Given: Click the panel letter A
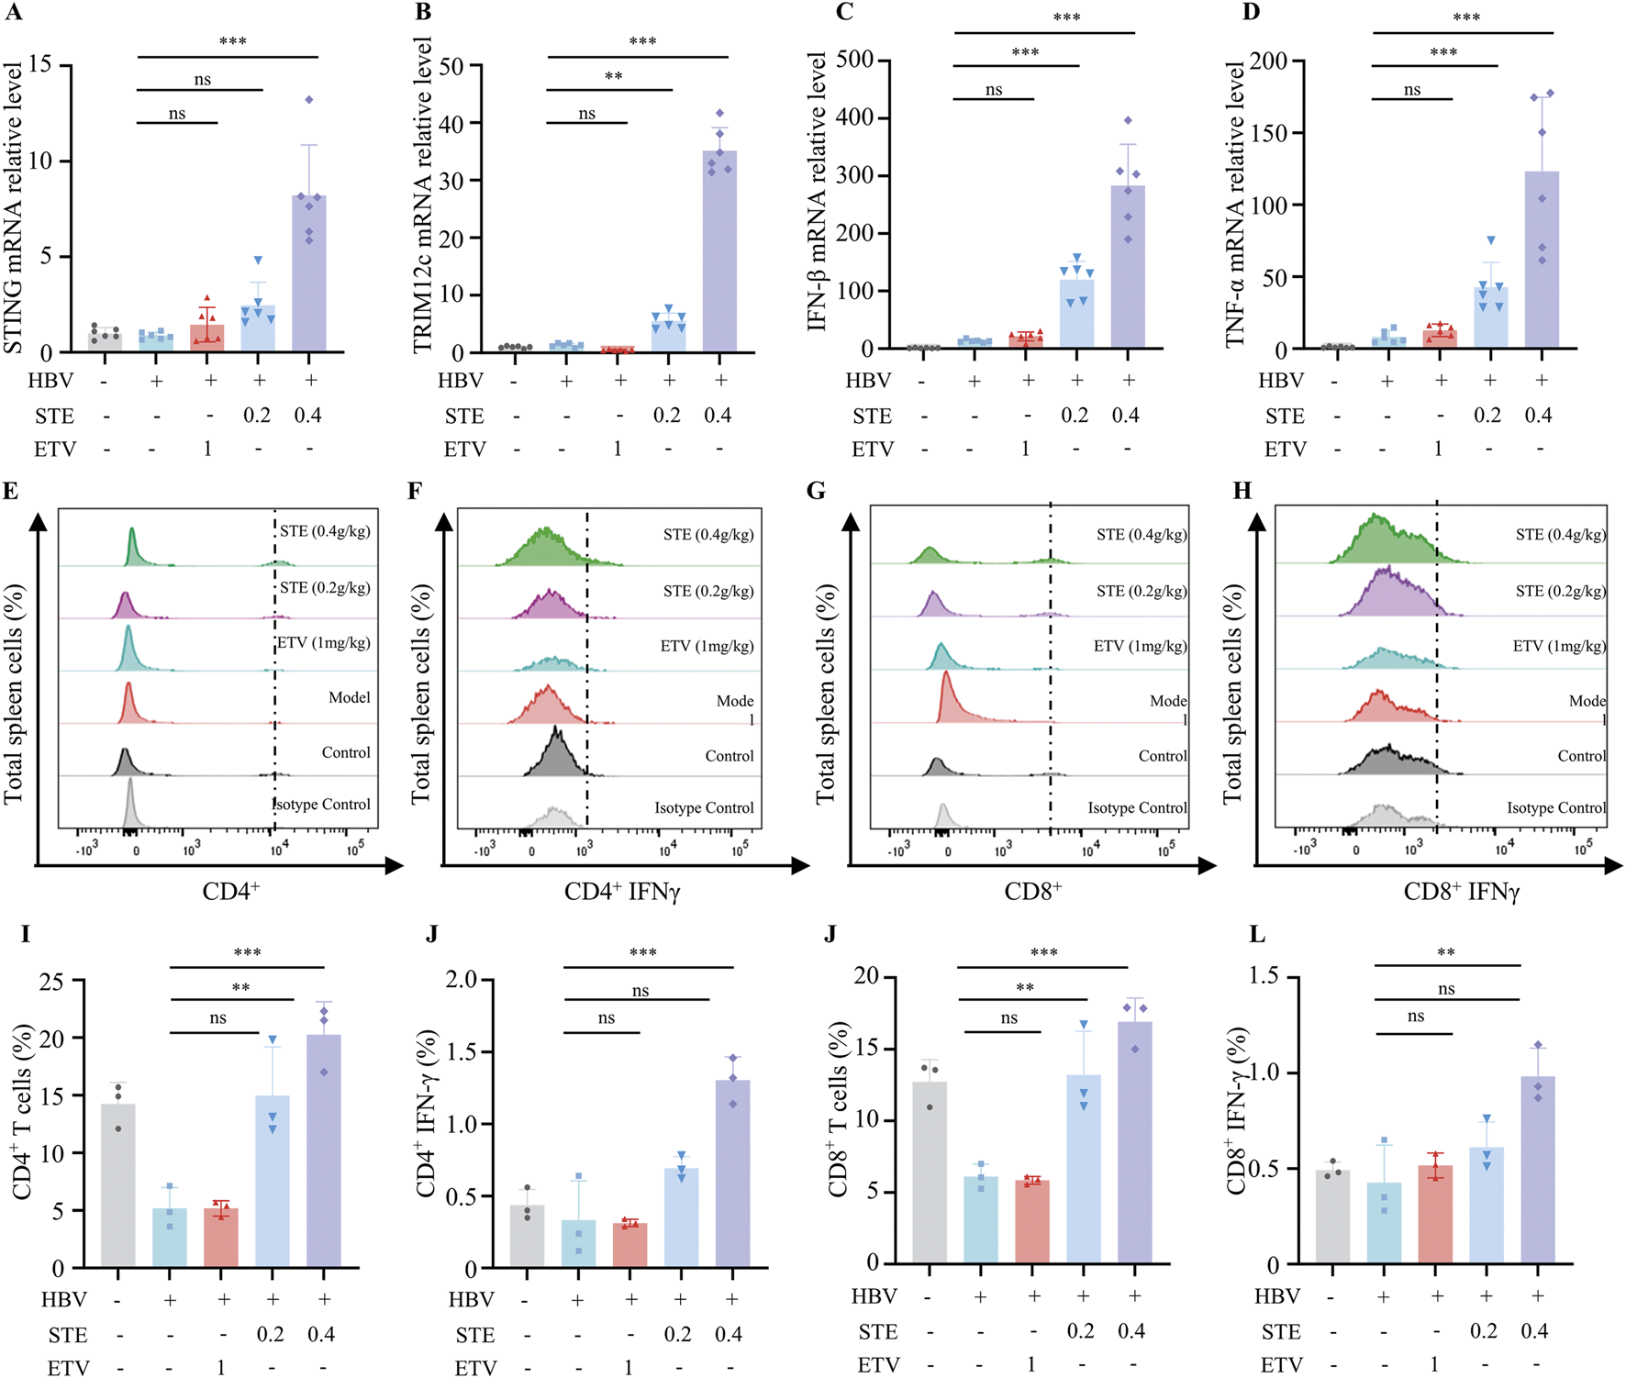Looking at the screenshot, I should pos(13,12).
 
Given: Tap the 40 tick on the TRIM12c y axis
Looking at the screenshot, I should pos(451,124).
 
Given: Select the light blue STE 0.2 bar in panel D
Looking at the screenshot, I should pos(1490,317).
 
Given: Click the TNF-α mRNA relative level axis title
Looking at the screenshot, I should pos(1235,204).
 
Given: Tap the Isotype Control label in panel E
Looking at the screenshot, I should pos(322,805).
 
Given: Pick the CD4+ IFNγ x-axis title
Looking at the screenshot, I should pos(622,891).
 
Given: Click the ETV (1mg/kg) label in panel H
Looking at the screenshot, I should pos(1558,646).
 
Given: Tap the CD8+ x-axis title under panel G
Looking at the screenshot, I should pos(1032,891).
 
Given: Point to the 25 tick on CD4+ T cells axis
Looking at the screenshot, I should pos(52,982).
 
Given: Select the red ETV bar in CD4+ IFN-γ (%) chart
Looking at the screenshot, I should pos(629,1245).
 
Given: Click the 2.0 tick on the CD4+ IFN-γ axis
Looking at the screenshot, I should pos(462,980).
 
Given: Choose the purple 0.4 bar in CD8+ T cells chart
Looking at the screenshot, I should pos(1134,1142).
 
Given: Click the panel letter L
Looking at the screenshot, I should pos(1257,935).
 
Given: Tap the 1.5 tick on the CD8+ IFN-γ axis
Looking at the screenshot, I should pos(1264,976).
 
